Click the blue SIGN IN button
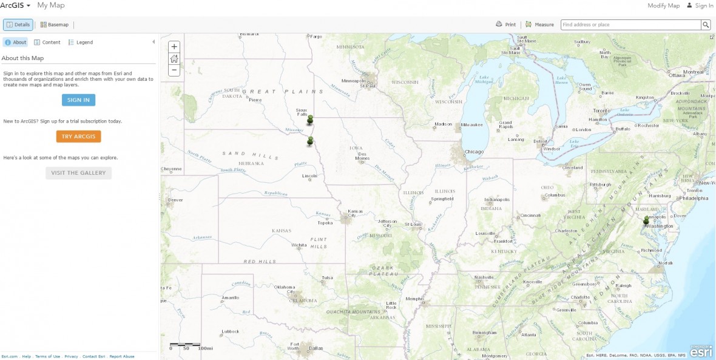tap(78, 100)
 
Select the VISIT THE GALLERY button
tap(78, 173)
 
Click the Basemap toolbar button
tap(55, 25)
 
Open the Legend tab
tap(81, 42)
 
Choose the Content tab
tap(47, 42)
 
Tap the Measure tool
tap(539, 25)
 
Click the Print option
tap(505, 25)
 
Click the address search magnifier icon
tap(706, 25)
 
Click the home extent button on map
tap(174, 59)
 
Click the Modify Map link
tap(663, 5)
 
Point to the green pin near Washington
tap(646, 221)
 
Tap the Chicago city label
tap(474, 152)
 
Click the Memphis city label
tap(414, 299)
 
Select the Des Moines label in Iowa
tap(363, 156)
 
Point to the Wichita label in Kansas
tap(299, 245)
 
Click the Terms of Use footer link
tap(47, 356)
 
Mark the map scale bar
tap(185, 345)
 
